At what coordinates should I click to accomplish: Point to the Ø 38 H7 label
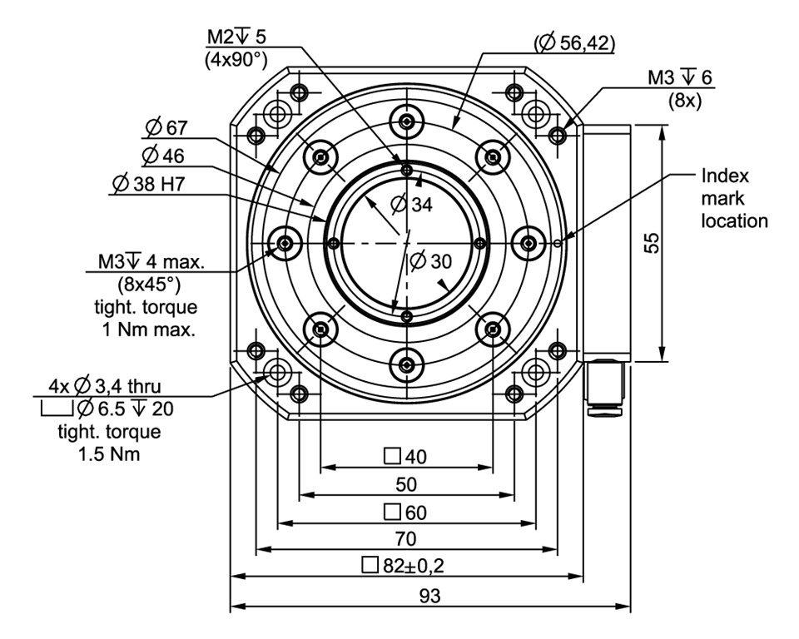pos(150,184)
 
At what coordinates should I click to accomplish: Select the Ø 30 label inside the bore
pos(430,260)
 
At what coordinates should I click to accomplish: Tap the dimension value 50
pos(406,484)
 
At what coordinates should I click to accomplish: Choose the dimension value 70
pos(406,538)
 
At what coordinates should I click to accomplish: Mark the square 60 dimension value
pos(405,511)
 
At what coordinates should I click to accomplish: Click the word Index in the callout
pos(725,176)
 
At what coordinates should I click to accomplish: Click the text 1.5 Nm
pos(108,454)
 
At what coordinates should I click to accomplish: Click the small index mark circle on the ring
pos(557,243)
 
